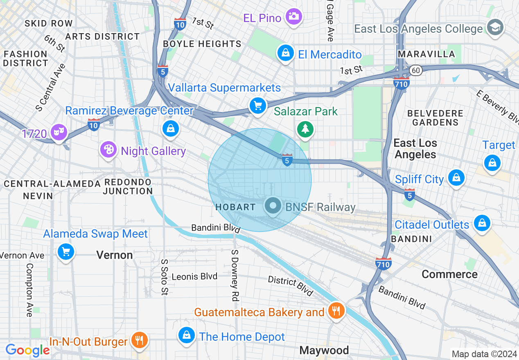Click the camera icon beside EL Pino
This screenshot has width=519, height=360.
[293, 16]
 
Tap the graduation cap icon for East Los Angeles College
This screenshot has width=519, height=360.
[495, 27]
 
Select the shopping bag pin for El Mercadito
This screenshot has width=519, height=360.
[285, 53]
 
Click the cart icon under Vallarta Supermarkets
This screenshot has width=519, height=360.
[257, 106]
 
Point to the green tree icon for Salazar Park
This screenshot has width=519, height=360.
[305, 129]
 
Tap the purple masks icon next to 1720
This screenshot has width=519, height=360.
[59, 132]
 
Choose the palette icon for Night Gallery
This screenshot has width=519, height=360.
[108, 150]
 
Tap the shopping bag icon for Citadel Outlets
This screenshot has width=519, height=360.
[482, 223]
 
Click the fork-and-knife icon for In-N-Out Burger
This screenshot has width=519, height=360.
[140, 340]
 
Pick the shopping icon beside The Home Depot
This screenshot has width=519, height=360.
[187, 335]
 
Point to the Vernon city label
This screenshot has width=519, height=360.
[115, 255]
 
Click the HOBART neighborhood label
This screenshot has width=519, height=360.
[235, 207]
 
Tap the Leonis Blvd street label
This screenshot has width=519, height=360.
[194, 277]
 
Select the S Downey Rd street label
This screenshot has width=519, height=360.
[235, 275]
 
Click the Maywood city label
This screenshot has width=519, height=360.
[324, 350]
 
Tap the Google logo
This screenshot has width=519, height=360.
[27, 350]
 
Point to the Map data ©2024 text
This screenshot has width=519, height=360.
[484, 354]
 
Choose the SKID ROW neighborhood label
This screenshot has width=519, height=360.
[48, 23]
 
